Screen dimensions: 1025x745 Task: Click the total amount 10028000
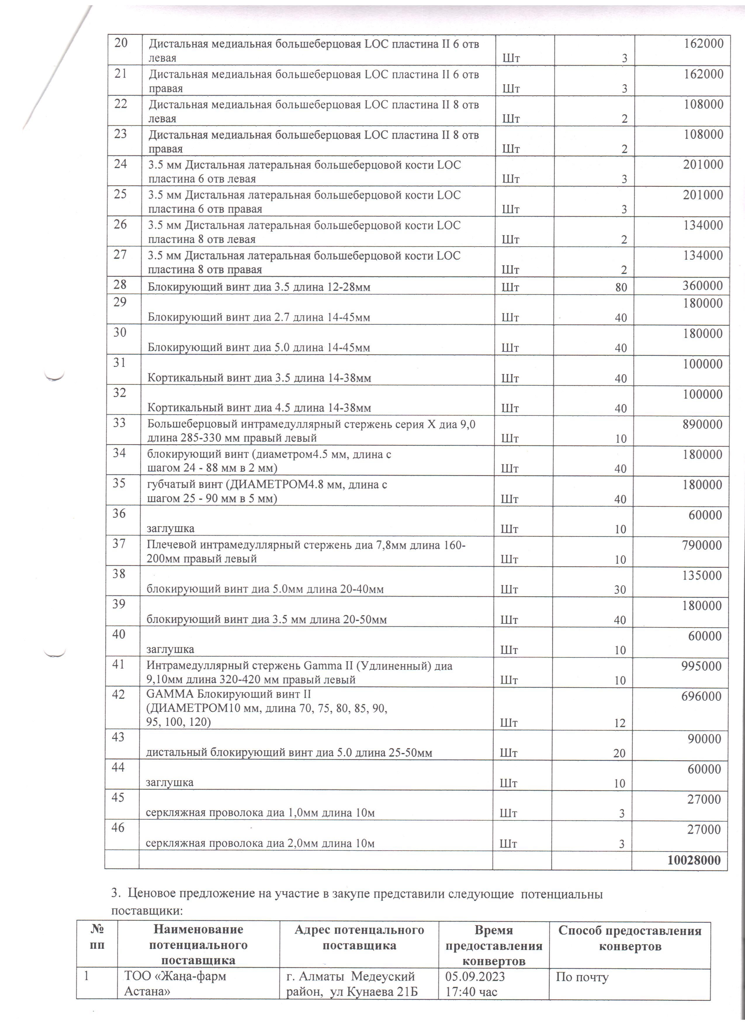click(x=694, y=860)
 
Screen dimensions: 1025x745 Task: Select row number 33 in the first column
click(x=119, y=423)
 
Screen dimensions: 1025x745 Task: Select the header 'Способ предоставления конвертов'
click(x=630, y=938)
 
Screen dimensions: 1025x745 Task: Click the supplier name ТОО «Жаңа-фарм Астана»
click(x=175, y=984)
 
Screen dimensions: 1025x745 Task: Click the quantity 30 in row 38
click(x=620, y=590)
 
